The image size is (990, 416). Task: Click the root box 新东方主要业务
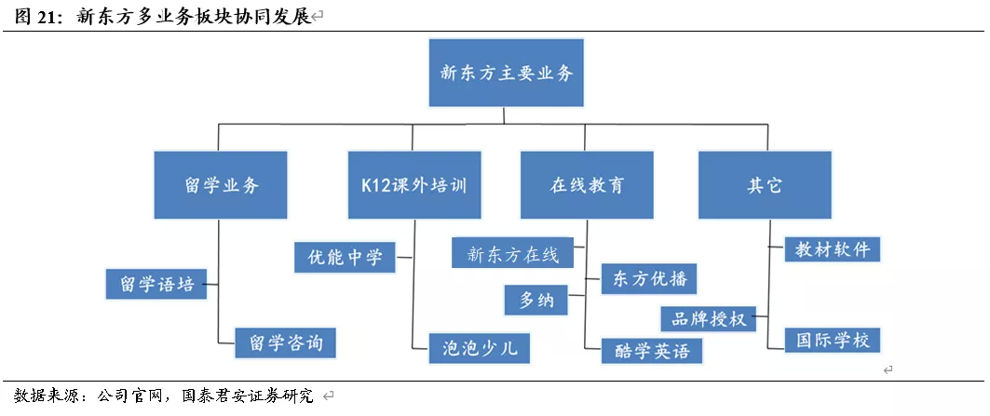pyautogui.click(x=506, y=73)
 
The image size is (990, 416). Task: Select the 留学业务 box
pyautogui.click(x=220, y=185)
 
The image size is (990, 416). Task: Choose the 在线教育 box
pyautogui.click(x=587, y=185)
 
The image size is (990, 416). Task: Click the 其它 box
pyautogui.click(x=764, y=185)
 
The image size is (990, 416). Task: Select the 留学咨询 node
pyautogui.click(x=286, y=343)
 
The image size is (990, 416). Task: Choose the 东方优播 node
pyautogui.click(x=648, y=279)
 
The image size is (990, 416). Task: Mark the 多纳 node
pyautogui.click(x=536, y=301)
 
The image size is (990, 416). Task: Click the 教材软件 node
pyautogui.click(x=832, y=249)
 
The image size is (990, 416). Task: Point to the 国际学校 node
pyautogui.click(x=832, y=341)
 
